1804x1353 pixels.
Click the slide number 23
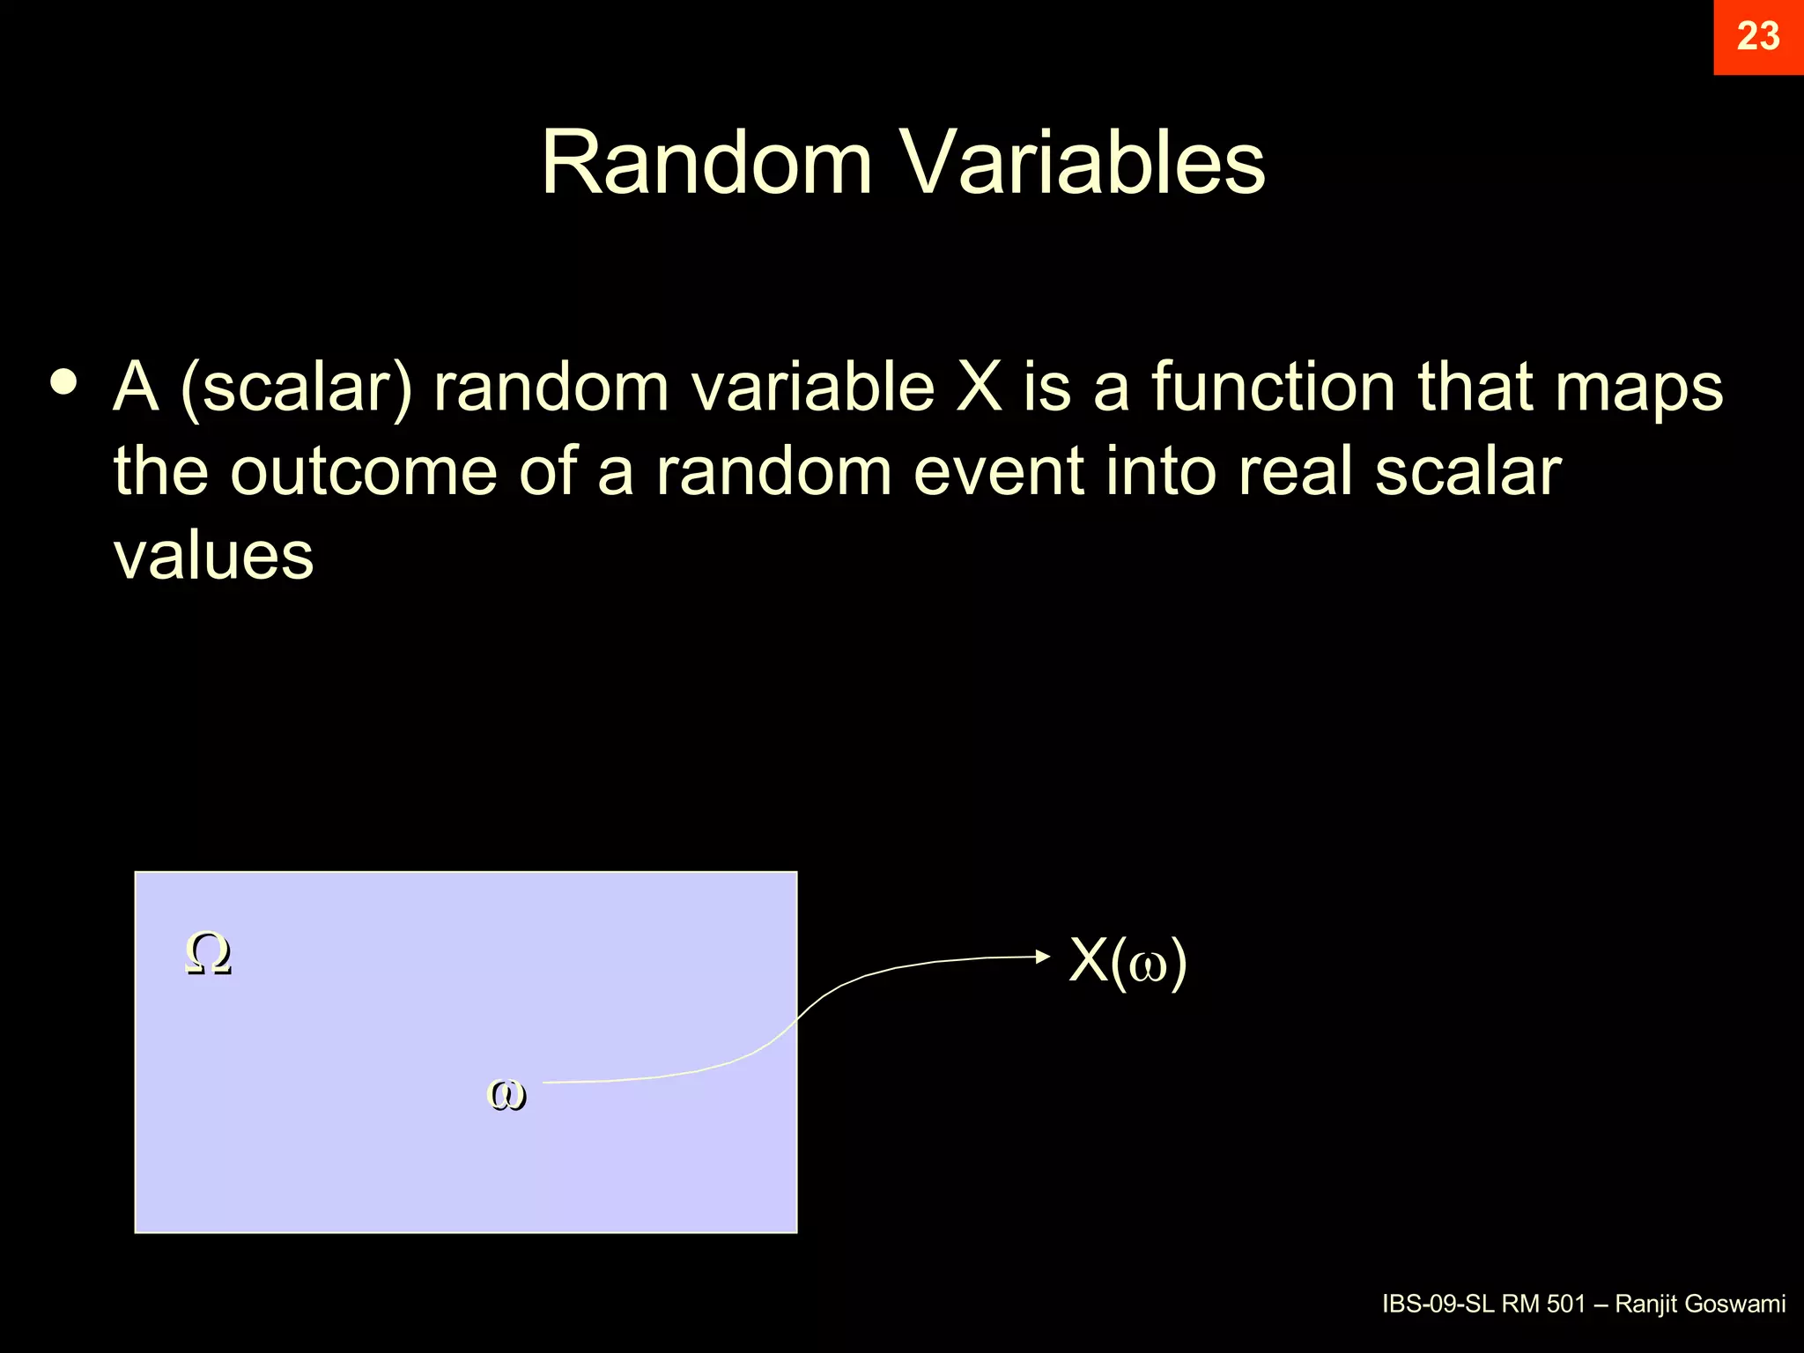coord(1757,37)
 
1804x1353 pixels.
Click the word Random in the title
coord(706,163)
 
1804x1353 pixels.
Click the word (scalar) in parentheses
coord(296,388)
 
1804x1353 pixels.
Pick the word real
coord(1296,471)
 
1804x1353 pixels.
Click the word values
coord(213,556)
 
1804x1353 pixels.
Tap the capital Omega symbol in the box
coord(208,954)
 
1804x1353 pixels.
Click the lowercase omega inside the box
coord(506,1095)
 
